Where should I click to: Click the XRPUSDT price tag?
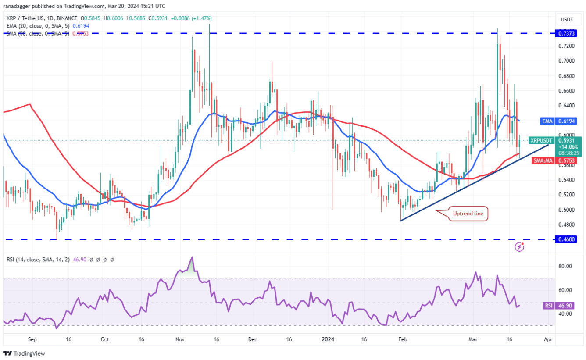(541, 140)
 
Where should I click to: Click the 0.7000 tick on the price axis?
(566, 61)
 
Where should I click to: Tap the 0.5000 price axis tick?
(566, 210)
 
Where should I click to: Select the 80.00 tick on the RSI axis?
(566, 266)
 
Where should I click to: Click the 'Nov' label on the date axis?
(180, 339)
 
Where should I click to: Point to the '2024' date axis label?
(327, 339)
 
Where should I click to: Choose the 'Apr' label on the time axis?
(547, 339)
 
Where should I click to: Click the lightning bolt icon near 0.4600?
(519, 247)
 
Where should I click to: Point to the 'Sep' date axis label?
(32, 339)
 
